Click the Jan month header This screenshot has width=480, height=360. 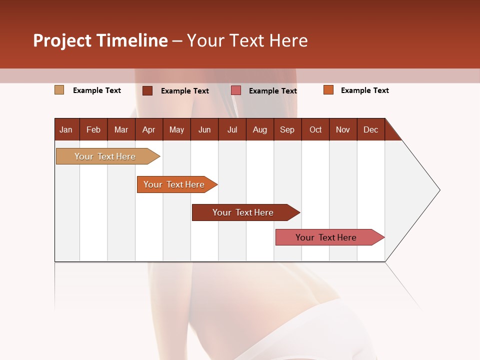66,129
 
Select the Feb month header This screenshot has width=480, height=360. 93,129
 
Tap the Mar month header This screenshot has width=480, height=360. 121,129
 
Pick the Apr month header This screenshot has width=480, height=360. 149,129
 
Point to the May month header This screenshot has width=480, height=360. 176,129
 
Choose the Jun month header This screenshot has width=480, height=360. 204,129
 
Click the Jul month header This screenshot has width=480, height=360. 232,129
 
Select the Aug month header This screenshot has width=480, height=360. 260,129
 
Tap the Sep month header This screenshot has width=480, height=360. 287,129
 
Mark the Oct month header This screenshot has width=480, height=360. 315,129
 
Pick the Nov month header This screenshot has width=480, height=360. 343,129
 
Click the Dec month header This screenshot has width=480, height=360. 371,129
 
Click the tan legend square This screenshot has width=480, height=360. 59,90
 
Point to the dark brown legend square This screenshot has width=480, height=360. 147,90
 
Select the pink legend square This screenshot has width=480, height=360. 236,90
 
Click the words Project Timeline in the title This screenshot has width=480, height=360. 100,40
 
